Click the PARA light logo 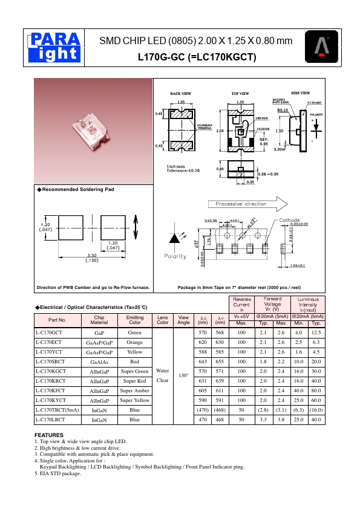[x=54, y=47]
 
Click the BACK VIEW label [x=180, y=94]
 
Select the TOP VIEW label [x=240, y=94]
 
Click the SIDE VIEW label [x=301, y=93]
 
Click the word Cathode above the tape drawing [x=290, y=220]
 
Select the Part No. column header [x=57, y=320]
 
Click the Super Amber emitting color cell [x=134, y=390]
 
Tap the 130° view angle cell [x=182, y=375]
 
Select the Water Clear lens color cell [x=162, y=375]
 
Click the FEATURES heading [x=49, y=435]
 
